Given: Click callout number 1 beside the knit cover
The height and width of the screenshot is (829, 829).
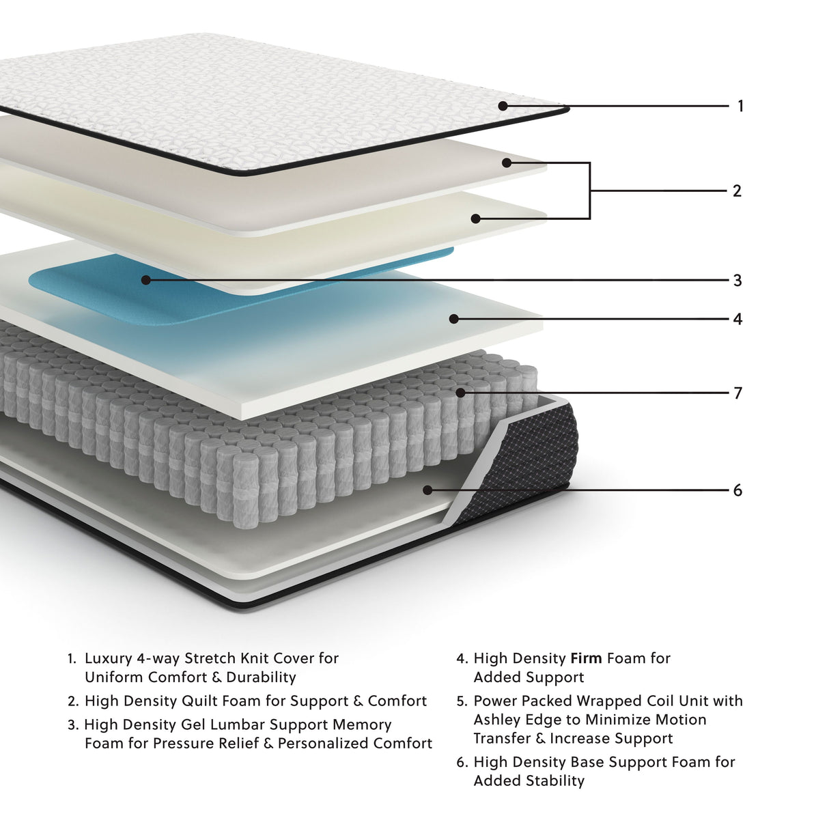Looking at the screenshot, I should pos(740,106).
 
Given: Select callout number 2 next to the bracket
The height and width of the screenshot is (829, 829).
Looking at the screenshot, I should pos(737,191).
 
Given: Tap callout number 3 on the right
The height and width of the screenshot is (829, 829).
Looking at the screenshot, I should pos(737,280).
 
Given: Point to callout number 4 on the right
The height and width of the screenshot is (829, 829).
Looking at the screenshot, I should pos(737,319).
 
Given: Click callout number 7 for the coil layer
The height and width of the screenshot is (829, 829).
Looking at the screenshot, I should pos(737,393).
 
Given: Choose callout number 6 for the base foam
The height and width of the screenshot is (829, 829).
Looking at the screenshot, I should pos(737,490).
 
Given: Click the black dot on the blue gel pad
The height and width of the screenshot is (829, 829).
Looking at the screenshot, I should pos(145,280).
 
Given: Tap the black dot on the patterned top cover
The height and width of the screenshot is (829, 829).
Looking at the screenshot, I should pos(503,106).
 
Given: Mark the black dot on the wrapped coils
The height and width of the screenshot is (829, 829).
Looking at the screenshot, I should pos(461,393).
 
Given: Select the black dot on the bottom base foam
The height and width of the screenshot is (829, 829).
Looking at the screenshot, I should pos(428,490).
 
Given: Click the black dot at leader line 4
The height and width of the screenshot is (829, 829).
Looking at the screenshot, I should pos(453,319).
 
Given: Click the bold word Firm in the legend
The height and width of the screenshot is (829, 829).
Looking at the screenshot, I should pos(586,658).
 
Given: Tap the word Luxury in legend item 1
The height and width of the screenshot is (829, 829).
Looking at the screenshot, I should pos(107,658).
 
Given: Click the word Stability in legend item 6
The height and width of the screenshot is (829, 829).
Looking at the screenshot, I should pos(554,781).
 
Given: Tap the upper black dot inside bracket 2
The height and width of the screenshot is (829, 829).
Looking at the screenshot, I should pos(507,163).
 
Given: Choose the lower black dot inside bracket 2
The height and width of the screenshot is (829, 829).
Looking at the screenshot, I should pos(476,219).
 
